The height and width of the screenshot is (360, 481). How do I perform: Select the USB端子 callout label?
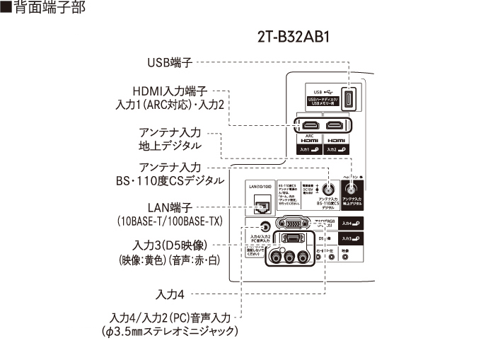pyautogui.click(x=170, y=63)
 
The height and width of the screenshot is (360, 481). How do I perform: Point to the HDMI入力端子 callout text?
pyautogui.click(x=170, y=91)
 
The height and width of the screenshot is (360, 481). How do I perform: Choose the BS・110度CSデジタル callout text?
pyautogui.click(x=170, y=182)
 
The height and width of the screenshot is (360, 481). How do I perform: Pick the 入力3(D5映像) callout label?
pyautogui.click(x=170, y=246)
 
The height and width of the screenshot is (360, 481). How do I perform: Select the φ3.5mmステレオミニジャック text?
pyautogui.click(x=170, y=331)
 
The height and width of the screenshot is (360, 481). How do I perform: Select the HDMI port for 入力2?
pyautogui.click(x=337, y=127)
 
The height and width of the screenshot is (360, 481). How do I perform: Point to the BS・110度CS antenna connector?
pyautogui.click(x=328, y=190)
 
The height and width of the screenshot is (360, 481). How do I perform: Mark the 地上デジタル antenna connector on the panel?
pyautogui.click(x=352, y=189)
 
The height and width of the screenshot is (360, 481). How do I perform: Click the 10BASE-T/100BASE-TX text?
pyautogui.click(x=170, y=221)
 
